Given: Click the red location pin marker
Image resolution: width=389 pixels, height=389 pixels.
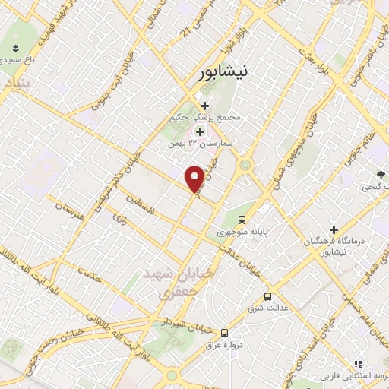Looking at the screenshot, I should [194, 178].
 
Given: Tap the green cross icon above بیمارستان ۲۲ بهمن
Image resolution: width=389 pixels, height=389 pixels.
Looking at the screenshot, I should [201, 131].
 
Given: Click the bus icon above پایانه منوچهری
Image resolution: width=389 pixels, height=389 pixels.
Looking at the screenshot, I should [242, 219].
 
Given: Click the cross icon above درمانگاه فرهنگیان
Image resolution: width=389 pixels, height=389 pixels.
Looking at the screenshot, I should [334, 229].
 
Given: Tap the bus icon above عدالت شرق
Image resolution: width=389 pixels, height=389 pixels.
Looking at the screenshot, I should [267, 296].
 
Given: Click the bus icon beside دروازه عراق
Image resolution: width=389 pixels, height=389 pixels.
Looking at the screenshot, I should [224, 333].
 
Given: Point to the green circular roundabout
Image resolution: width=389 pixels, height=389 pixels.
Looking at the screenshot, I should [245, 165].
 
